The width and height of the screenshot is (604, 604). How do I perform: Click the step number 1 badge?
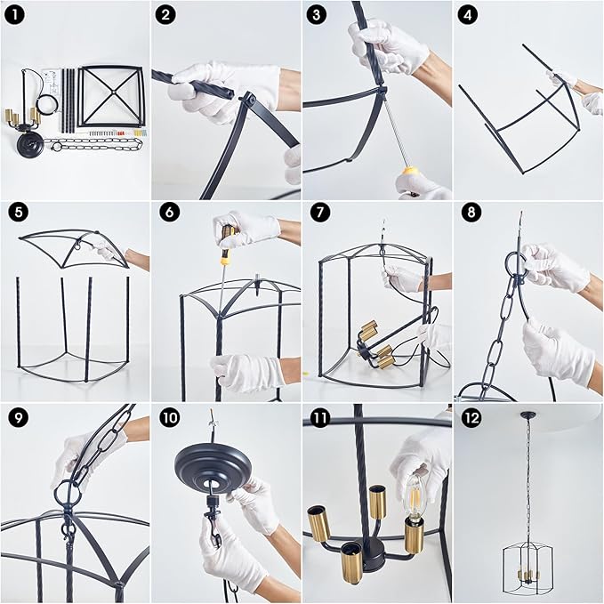[14, 14]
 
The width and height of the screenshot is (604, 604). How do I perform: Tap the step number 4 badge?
[468, 14]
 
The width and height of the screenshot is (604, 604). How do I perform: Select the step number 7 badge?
[317, 214]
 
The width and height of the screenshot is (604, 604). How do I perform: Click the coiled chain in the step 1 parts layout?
[87, 142]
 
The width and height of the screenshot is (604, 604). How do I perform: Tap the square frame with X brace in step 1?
[109, 95]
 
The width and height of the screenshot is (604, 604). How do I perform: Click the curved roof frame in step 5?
[77, 245]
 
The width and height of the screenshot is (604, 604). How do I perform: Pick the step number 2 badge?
[165, 14]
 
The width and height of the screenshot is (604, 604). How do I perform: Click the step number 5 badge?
[14, 214]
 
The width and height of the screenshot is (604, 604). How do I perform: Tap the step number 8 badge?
[468, 214]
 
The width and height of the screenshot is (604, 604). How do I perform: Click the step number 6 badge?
[165, 214]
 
